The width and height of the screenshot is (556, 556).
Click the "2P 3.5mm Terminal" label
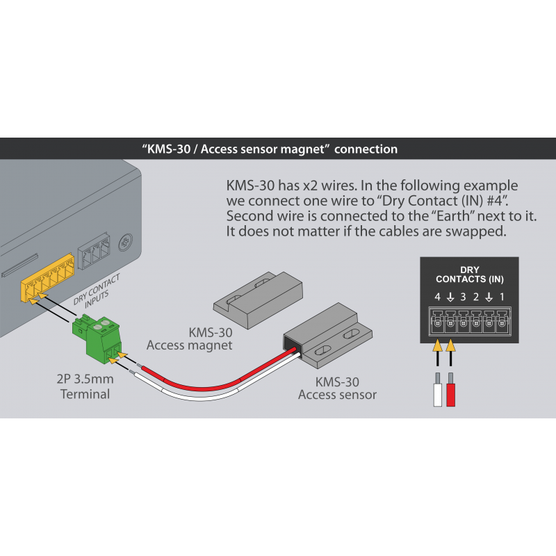[x=85, y=387]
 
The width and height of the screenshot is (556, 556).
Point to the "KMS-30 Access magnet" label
[x=188, y=337]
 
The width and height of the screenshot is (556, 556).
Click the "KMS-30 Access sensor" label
[x=337, y=389]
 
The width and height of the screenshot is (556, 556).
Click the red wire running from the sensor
[x=208, y=382]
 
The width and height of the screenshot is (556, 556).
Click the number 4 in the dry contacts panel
[x=437, y=297]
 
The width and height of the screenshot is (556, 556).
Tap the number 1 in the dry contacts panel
[x=502, y=297]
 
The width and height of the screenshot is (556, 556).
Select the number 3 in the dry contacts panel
[x=463, y=297]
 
